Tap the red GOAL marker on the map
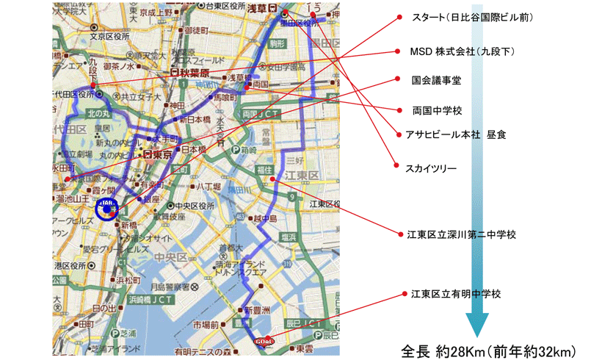[264, 339]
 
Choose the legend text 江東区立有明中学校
[455, 294]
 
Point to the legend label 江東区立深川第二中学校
[461, 234]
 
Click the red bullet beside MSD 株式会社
[399, 52]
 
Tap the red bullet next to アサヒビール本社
[399, 135]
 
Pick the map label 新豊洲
[257, 310]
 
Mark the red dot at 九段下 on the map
[93, 86]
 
